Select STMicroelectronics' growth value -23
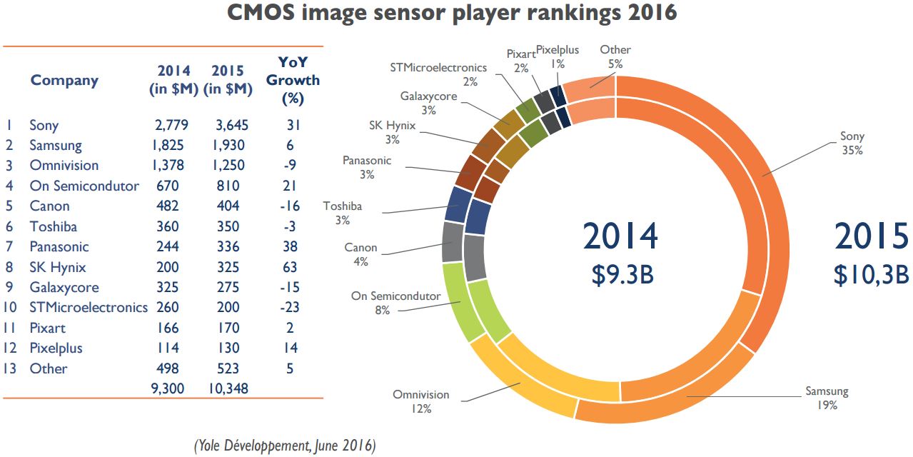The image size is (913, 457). click(x=291, y=308)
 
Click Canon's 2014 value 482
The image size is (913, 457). click(x=169, y=206)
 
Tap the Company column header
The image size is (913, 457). click(x=64, y=80)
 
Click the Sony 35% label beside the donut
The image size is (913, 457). click(x=852, y=143)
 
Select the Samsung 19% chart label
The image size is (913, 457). click(x=827, y=398)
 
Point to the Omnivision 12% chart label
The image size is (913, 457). click(x=421, y=401)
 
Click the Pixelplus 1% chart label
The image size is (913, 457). click(x=558, y=56)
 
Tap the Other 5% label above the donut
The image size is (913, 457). click(x=615, y=56)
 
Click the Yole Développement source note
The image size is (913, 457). click(x=284, y=446)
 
